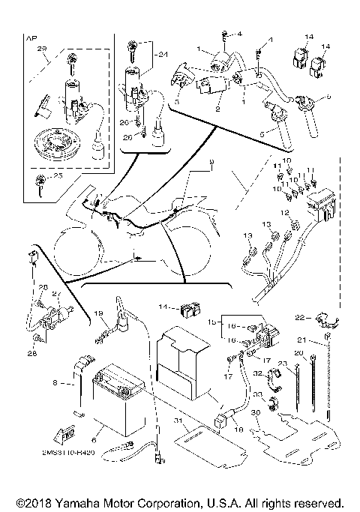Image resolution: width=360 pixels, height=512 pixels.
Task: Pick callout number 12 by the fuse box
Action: (286, 214)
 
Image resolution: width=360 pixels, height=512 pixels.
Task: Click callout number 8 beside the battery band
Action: (55, 382)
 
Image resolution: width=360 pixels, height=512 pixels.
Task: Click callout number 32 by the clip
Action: (256, 373)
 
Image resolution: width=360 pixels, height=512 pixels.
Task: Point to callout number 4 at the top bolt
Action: (239, 34)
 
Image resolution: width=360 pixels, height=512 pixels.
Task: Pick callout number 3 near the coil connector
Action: (177, 100)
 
